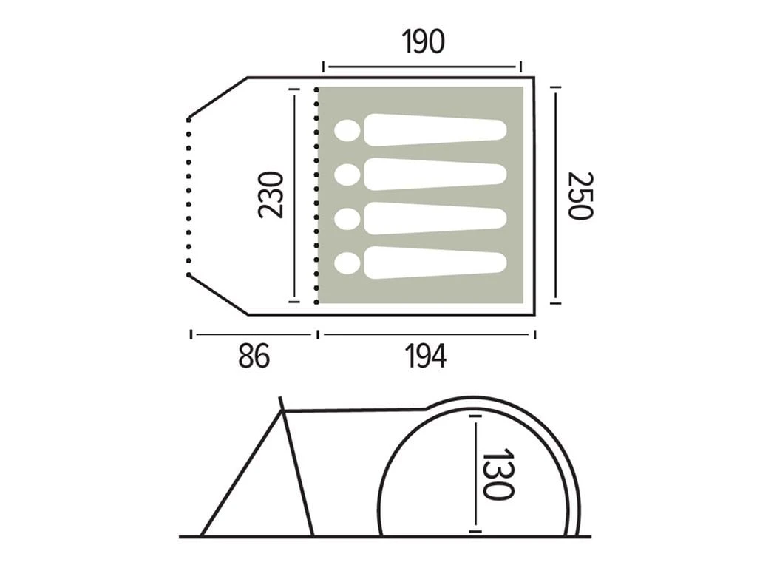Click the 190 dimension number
tap(423, 41)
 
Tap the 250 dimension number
tap(579, 195)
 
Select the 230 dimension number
tap(271, 195)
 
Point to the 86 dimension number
tap(254, 357)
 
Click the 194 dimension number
tap(425, 357)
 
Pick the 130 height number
tap(498, 474)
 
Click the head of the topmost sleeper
tap(347, 131)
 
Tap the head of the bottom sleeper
tap(347, 264)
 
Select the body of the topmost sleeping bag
tap(435, 130)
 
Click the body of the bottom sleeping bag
tap(435, 263)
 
